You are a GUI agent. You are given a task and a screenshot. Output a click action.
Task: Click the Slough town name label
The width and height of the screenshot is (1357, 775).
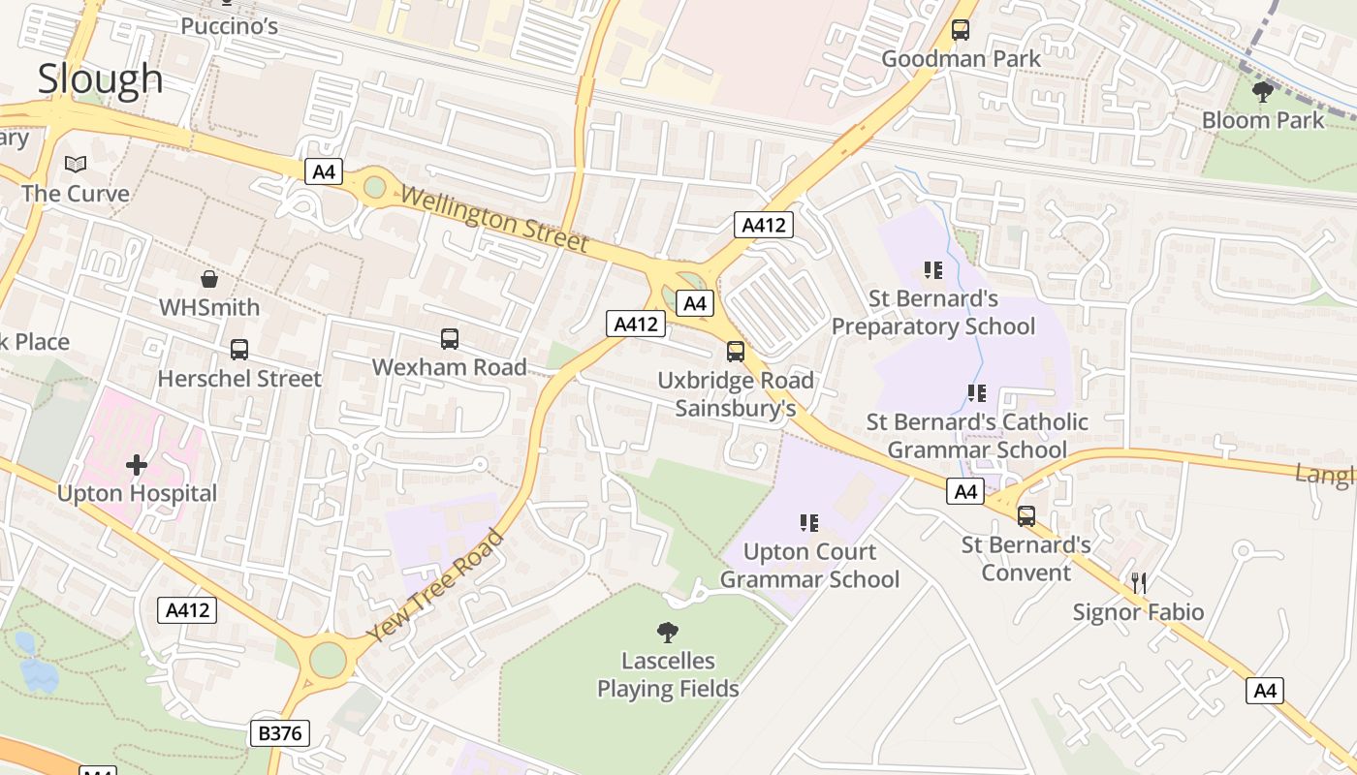click(100, 78)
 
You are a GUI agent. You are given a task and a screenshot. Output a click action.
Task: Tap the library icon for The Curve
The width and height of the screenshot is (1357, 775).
click(76, 165)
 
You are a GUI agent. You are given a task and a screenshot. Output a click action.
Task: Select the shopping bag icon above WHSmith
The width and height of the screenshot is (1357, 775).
click(208, 280)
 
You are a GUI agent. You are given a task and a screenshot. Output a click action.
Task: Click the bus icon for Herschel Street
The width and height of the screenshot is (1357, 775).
click(238, 350)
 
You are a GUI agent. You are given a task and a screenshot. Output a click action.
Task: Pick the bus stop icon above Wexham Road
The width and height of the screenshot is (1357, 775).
click(450, 339)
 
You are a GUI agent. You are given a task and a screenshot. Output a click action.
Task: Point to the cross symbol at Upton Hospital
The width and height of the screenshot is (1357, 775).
click(137, 466)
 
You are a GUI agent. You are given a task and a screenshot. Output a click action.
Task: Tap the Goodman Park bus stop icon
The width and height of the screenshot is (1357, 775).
click(961, 30)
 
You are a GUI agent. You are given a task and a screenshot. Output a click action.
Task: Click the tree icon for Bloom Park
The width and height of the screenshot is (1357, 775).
click(1262, 92)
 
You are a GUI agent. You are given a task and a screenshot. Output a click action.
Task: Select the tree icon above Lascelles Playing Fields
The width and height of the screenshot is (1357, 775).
click(667, 633)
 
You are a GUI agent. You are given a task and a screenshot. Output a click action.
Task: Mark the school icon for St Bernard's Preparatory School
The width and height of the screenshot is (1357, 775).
click(932, 270)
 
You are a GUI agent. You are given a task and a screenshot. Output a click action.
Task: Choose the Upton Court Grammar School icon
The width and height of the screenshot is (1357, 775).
click(808, 523)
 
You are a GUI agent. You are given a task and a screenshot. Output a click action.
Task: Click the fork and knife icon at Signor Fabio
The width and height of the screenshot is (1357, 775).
click(1139, 583)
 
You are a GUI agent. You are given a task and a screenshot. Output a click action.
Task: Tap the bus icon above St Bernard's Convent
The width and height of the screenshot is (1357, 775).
click(1026, 516)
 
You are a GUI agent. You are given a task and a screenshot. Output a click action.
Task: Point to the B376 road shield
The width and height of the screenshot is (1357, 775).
click(279, 733)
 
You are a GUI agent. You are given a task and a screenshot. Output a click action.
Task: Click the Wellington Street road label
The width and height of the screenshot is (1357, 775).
click(494, 219)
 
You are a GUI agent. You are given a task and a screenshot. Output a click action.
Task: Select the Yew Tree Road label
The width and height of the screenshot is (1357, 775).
click(436, 585)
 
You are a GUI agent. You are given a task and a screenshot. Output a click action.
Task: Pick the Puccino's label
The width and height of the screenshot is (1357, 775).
click(230, 25)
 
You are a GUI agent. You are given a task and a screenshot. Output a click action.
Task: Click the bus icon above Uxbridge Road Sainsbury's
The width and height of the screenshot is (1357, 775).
click(736, 352)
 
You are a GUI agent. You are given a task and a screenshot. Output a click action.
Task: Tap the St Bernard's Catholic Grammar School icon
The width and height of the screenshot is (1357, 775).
click(976, 393)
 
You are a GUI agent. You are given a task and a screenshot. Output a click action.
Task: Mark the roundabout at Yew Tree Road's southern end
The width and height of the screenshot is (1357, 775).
click(328, 660)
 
